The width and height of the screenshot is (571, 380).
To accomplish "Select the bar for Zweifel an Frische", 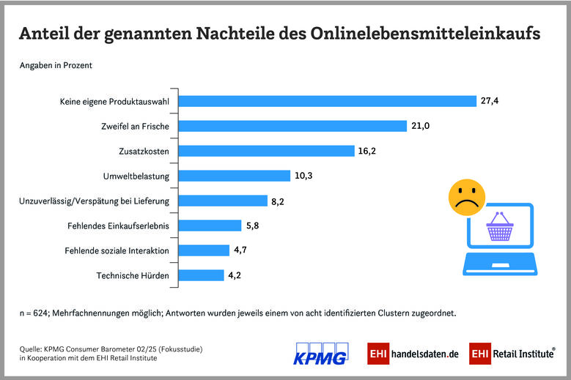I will tap(292, 126).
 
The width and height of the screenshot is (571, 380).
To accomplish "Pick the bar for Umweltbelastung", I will tap(235, 176).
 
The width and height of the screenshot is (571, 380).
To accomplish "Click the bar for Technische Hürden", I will tap(202, 275).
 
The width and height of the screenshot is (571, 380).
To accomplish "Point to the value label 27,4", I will tap(490, 101).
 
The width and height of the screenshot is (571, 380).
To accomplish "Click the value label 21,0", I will tap(420, 126).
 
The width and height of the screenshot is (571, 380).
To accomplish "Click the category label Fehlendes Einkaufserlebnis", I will tap(118, 226).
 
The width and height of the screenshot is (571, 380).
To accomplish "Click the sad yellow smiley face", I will tap(466, 198).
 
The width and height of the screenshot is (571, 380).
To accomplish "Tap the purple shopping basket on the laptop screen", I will tap(500, 229).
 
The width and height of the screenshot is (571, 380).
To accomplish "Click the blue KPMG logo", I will tap(320, 353).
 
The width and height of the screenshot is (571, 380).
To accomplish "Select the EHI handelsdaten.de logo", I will tap(413, 353).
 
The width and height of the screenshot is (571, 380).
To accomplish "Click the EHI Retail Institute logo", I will tap(512, 353).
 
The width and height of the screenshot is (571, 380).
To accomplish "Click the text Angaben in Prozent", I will tap(56, 65).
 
